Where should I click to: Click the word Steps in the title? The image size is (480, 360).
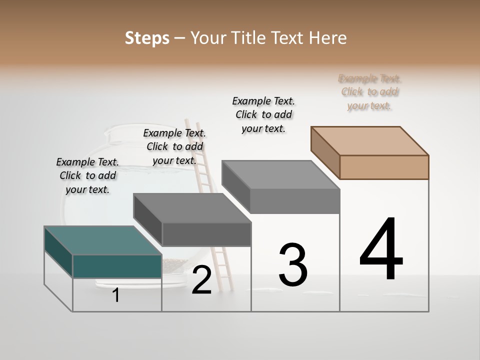coord(147,38)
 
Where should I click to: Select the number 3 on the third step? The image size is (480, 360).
coord(293,265)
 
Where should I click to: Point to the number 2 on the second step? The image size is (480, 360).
coord(201,280)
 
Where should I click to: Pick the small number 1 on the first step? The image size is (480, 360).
coord(115,295)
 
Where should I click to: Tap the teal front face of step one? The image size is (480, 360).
coord(117,266)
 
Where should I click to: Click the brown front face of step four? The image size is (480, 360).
coord(384,167)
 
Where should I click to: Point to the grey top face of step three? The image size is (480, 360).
coord(280,175)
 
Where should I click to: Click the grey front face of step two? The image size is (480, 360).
coord(206,234)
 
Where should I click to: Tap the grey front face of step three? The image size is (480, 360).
coord(294,201)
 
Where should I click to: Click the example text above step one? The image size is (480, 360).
coord(87,176)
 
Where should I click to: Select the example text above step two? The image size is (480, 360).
coord(174,147)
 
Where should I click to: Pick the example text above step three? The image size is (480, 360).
coord(263,115)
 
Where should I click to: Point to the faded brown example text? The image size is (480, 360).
coord(369,92)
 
